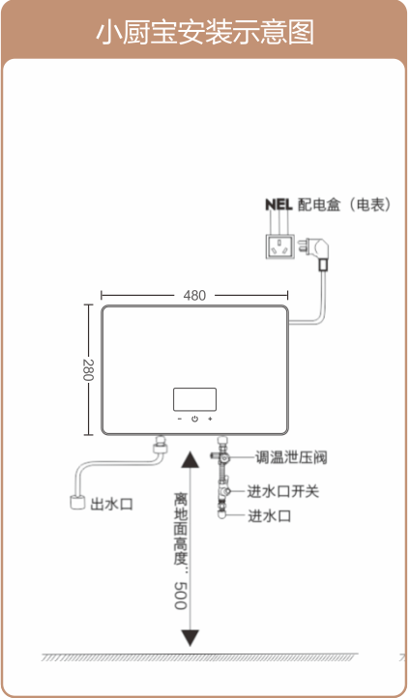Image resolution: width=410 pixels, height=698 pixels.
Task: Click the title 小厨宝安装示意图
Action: coord(205,32)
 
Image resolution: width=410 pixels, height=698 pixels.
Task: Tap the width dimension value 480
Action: coord(194,296)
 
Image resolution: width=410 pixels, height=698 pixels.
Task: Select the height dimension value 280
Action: coord(88,370)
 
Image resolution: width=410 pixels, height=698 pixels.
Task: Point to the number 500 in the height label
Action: coord(180,596)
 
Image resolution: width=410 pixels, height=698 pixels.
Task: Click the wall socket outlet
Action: coord(280,246)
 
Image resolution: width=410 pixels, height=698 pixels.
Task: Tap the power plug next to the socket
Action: coord(316,250)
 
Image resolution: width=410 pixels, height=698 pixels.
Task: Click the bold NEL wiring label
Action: coord(278,205)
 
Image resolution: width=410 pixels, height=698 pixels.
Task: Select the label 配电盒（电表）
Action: coord(344,205)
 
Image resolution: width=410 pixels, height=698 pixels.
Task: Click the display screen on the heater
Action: coord(194,399)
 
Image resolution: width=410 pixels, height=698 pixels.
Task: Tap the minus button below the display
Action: coord(180,419)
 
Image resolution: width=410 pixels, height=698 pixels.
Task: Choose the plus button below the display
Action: coord(210,419)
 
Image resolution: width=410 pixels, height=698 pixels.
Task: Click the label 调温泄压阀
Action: coord(291,457)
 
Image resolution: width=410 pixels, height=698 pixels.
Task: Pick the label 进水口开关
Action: coord(283,491)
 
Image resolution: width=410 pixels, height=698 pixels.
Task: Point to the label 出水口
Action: coord(112,505)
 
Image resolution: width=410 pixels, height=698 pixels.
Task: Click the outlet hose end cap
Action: coord(77,502)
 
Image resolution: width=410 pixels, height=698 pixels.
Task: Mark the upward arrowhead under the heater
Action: coord(190,459)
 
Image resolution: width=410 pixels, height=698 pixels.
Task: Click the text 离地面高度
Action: coord(181,529)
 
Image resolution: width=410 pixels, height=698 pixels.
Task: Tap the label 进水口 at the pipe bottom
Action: coord(270,516)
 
